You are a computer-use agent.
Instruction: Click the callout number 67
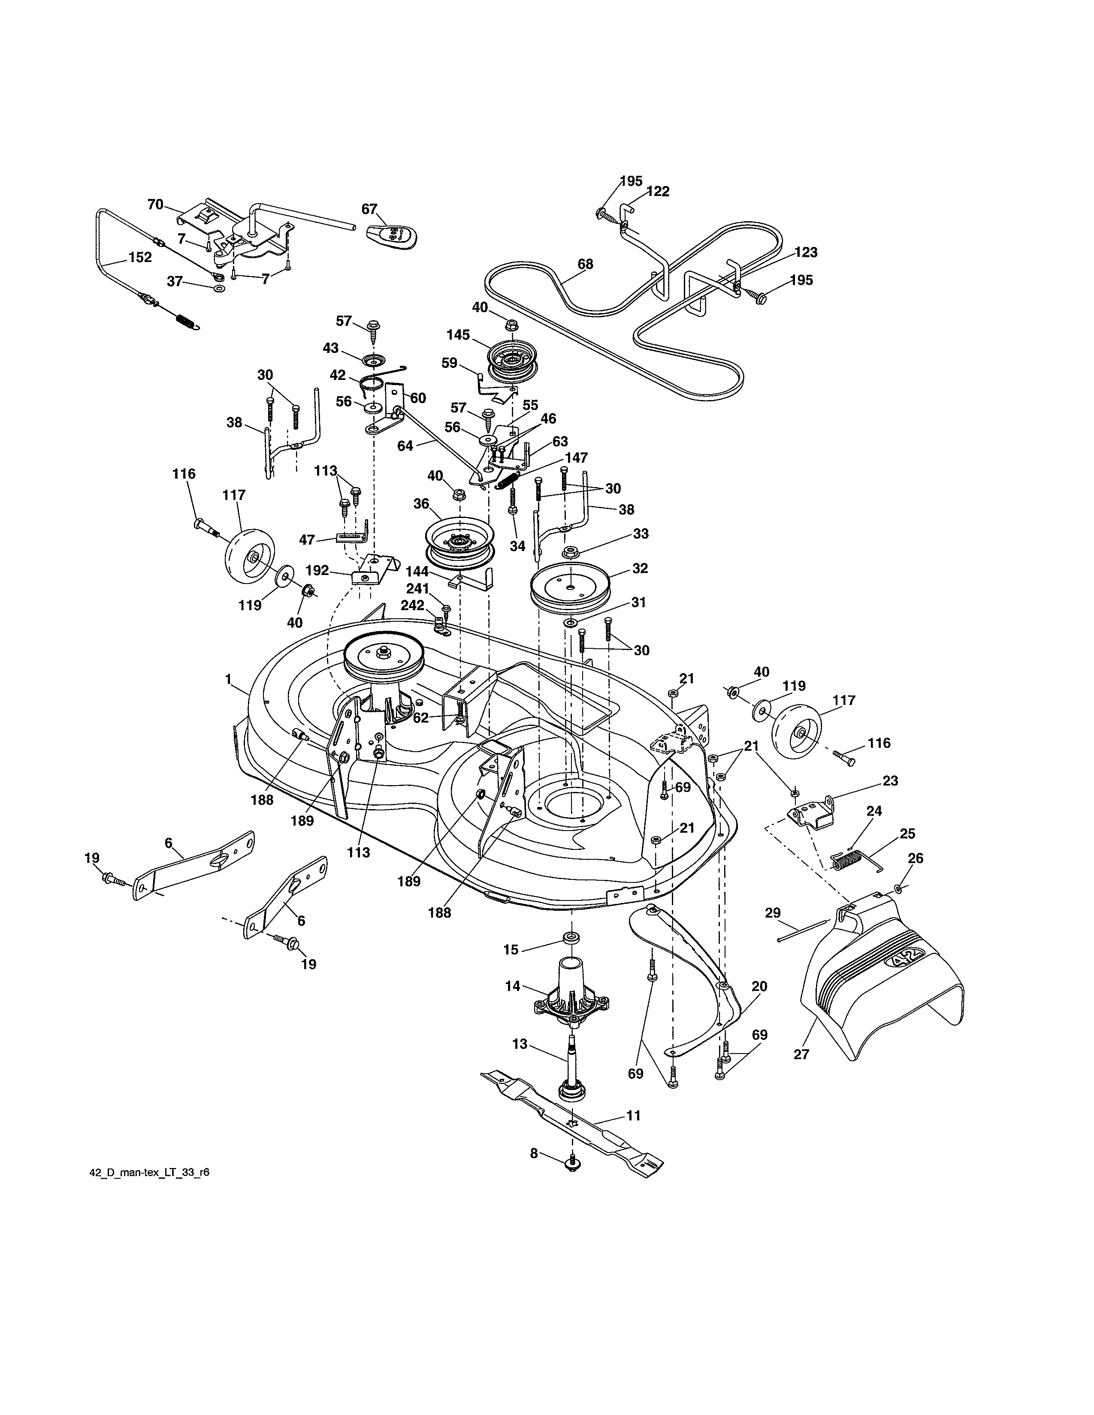pyautogui.click(x=369, y=209)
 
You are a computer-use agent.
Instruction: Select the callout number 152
pyautogui.click(x=140, y=257)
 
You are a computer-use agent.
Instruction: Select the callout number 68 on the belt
pyautogui.click(x=585, y=264)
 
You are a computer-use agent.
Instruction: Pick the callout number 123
pyautogui.click(x=806, y=252)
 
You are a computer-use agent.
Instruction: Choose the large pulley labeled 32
pyautogui.click(x=570, y=587)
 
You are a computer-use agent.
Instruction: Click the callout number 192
pyautogui.click(x=317, y=570)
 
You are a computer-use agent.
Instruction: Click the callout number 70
pyautogui.click(x=156, y=205)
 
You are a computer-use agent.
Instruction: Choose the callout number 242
pyautogui.click(x=412, y=605)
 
